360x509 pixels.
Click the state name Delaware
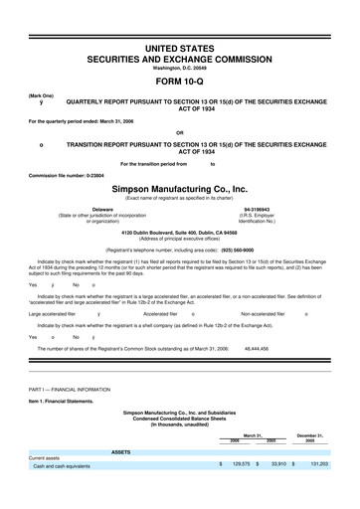(102, 209)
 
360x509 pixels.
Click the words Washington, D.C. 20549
(180, 67)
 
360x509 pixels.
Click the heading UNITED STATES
(180, 48)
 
